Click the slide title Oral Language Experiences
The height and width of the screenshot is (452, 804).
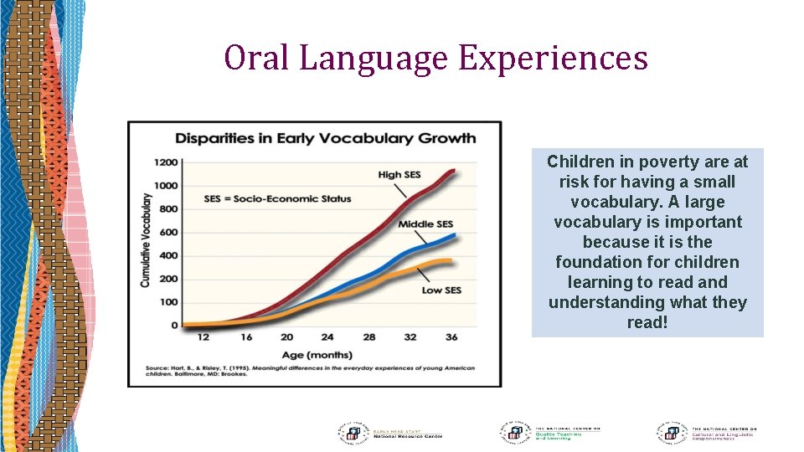(x=435, y=58)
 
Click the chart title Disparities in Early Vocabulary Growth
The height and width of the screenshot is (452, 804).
(x=324, y=138)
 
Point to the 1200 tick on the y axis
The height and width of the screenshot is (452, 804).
(x=166, y=162)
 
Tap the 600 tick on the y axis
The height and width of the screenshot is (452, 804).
(x=168, y=233)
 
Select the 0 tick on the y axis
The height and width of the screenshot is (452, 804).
(x=174, y=326)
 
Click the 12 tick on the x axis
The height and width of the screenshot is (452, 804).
(x=202, y=337)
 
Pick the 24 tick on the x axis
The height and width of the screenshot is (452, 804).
(x=327, y=337)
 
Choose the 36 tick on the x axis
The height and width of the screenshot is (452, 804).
(x=451, y=337)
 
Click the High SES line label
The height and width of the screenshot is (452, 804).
(x=399, y=175)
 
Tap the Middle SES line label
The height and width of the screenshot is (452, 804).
(x=425, y=224)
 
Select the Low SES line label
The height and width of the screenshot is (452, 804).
(x=441, y=290)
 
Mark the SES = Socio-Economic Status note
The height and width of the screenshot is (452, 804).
(x=277, y=199)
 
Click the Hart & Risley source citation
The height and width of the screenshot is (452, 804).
(x=310, y=372)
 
